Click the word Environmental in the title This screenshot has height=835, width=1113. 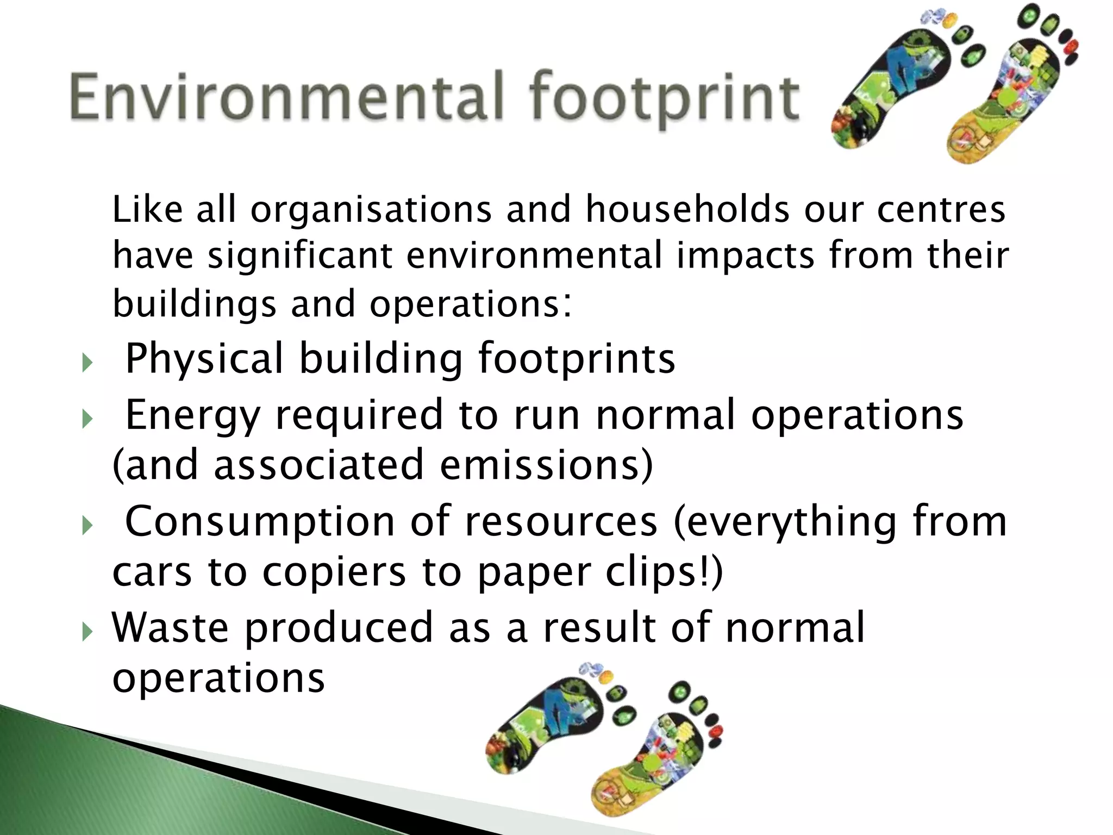[x=283, y=99]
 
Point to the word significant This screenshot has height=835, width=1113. [x=299, y=257]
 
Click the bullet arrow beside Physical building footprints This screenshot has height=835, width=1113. [x=86, y=362]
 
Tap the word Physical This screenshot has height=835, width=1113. [x=204, y=359]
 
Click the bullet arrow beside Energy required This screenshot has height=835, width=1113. [x=86, y=419]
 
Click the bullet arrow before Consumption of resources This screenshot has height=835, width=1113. [x=86, y=525]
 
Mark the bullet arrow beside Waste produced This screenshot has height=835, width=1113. [x=86, y=631]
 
